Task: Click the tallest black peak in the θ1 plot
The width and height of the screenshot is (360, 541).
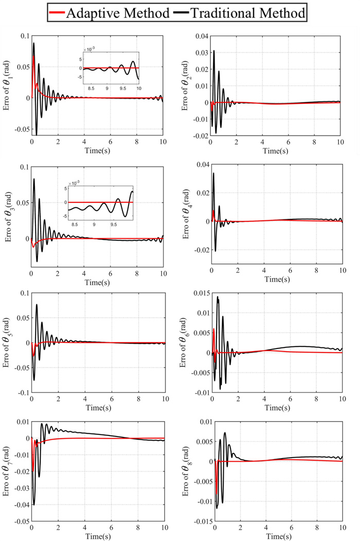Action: [34, 43]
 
